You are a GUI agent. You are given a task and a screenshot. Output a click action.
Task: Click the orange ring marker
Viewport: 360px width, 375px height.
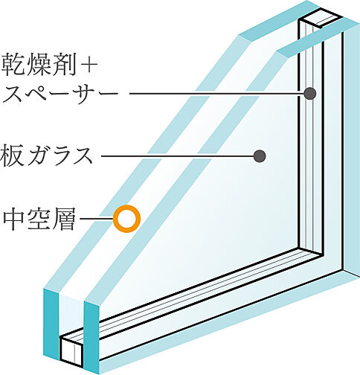[x=127, y=219]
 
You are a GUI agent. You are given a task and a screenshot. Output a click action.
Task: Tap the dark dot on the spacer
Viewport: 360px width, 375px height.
[x=310, y=94]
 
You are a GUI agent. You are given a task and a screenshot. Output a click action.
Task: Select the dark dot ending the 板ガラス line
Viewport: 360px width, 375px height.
[x=260, y=156]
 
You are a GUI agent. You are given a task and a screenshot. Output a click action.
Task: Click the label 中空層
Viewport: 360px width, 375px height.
[x=39, y=219]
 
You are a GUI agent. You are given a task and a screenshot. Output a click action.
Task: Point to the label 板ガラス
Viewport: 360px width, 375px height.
[x=47, y=156]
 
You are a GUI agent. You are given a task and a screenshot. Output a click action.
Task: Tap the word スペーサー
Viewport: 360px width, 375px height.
[x=60, y=94]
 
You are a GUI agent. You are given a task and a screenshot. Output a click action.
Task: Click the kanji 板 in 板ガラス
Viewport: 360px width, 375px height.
[x=13, y=156]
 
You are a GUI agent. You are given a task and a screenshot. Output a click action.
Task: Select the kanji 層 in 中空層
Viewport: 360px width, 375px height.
[x=64, y=219]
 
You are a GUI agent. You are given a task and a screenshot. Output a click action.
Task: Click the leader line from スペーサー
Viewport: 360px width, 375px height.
[x=216, y=94]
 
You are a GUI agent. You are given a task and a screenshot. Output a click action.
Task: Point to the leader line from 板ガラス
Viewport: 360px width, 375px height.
[x=178, y=156]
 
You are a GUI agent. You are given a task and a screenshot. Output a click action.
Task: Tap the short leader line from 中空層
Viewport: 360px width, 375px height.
[x=97, y=219]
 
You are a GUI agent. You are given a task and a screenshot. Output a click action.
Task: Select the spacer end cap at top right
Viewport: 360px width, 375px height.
[x=321, y=17]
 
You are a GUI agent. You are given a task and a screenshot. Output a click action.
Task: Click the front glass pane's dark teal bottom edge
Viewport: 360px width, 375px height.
[x=51, y=324]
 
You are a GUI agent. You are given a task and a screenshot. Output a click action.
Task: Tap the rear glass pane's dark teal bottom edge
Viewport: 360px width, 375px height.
[x=91, y=338]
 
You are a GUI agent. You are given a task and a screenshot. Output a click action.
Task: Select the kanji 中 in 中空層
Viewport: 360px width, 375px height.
[x=14, y=219]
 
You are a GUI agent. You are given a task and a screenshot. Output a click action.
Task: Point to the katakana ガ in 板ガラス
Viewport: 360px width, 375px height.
[x=39, y=156]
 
